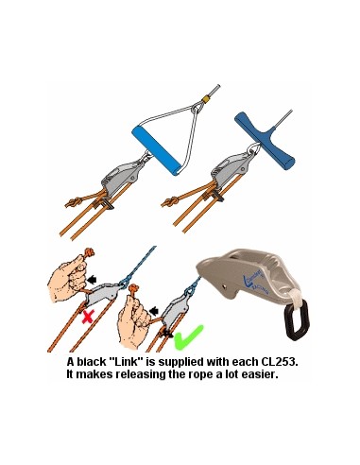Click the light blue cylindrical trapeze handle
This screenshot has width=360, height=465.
click(157, 150)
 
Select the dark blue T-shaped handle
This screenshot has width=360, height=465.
click(265, 141)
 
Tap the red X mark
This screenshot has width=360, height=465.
click(87, 317)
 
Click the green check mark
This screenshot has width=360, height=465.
click(189, 336)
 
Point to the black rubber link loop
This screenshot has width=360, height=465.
click(297, 320)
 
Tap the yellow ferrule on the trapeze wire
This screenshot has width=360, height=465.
click(206, 99)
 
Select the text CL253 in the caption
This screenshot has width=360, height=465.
click(280, 362)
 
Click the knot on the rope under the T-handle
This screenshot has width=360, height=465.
click(169, 202)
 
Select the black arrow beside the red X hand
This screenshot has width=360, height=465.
click(92, 279)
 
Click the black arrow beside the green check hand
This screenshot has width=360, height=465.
click(154, 311)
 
